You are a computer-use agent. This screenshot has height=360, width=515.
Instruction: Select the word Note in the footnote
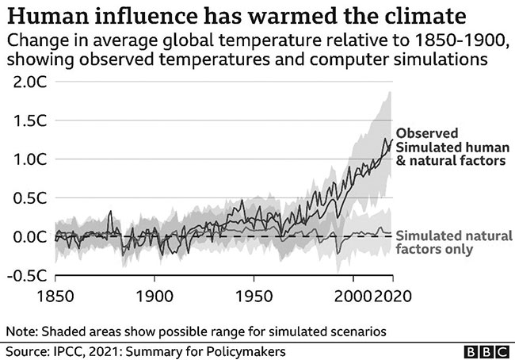20,328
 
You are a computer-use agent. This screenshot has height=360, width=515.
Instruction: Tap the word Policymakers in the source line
246,349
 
